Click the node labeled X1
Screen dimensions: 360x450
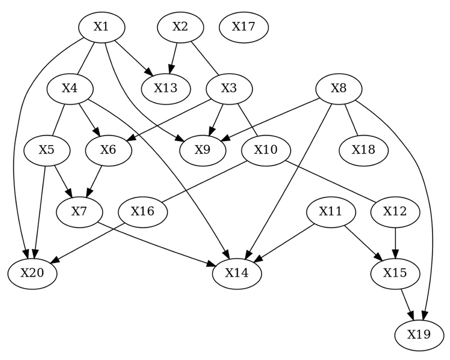coord(101,26)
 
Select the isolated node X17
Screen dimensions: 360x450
coord(244,26)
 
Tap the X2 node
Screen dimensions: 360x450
coord(180,26)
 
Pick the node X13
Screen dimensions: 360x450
coord(166,88)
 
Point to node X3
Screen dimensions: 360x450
coord(229,88)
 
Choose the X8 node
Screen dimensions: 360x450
coord(338,88)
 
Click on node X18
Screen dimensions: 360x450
coord(364,150)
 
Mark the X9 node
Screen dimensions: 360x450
coord(203,150)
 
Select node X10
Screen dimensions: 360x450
coord(266,150)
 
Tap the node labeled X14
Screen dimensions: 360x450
coord(237,273)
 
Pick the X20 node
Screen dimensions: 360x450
coord(33,273)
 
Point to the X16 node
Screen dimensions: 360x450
coord(143,212)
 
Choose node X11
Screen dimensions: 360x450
coord(331,212)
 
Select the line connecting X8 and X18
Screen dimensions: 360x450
coord(351,119)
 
